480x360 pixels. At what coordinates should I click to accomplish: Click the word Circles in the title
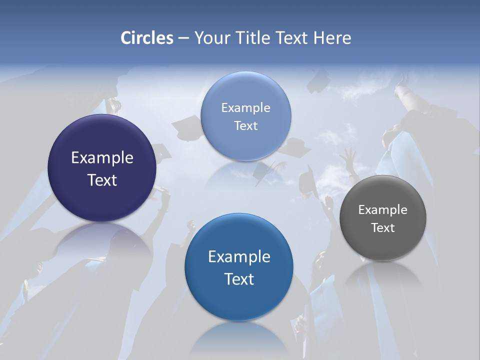(x=146, y=38)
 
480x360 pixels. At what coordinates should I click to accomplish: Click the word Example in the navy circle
(x=102, y=158)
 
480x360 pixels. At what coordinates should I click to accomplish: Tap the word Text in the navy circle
(x=102, y=180)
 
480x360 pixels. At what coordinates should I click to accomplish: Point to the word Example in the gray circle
(x=383, y=210)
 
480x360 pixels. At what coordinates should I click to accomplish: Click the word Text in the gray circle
(x=383, y=228)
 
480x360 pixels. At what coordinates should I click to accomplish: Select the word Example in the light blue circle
(x=245, y=108)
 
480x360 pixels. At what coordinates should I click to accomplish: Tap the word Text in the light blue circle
(x=245, y=126)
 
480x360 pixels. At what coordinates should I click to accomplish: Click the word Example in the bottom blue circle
(x=239, y=257)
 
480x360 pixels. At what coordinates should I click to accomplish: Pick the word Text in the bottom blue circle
(x=239, y=279)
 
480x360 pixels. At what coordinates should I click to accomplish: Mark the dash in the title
(x=183, y=38)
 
